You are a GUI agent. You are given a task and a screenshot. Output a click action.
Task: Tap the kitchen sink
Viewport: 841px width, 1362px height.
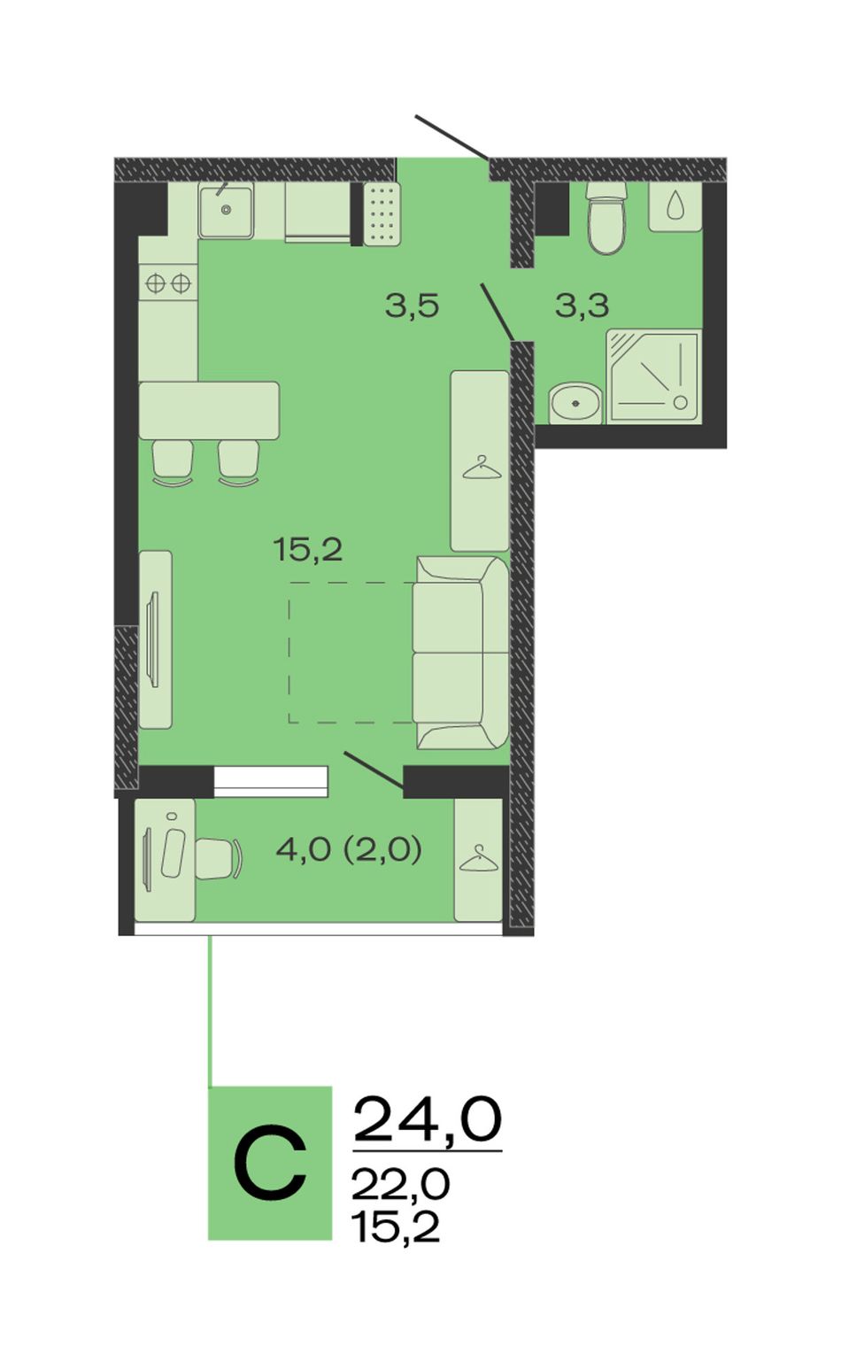226,211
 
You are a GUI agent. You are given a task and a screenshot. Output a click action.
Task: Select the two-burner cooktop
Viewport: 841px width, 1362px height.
168,282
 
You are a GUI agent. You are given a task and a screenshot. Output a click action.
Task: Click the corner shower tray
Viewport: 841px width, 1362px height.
653,376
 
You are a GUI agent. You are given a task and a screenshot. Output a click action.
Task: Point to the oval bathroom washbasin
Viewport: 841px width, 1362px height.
575,403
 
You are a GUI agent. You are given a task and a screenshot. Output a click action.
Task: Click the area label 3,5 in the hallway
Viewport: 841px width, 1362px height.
412,306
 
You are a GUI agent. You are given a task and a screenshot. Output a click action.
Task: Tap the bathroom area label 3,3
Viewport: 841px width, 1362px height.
582,306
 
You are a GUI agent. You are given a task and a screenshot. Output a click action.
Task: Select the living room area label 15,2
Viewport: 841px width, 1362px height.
308,550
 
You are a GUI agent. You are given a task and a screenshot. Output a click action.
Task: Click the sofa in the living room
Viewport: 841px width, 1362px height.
460,653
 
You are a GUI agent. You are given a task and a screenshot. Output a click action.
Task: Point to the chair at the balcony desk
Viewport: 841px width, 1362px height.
220,858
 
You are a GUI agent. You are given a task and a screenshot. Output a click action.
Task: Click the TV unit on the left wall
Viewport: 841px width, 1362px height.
156,639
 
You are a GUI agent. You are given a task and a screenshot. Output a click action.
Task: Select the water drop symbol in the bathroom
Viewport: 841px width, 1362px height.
675,206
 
